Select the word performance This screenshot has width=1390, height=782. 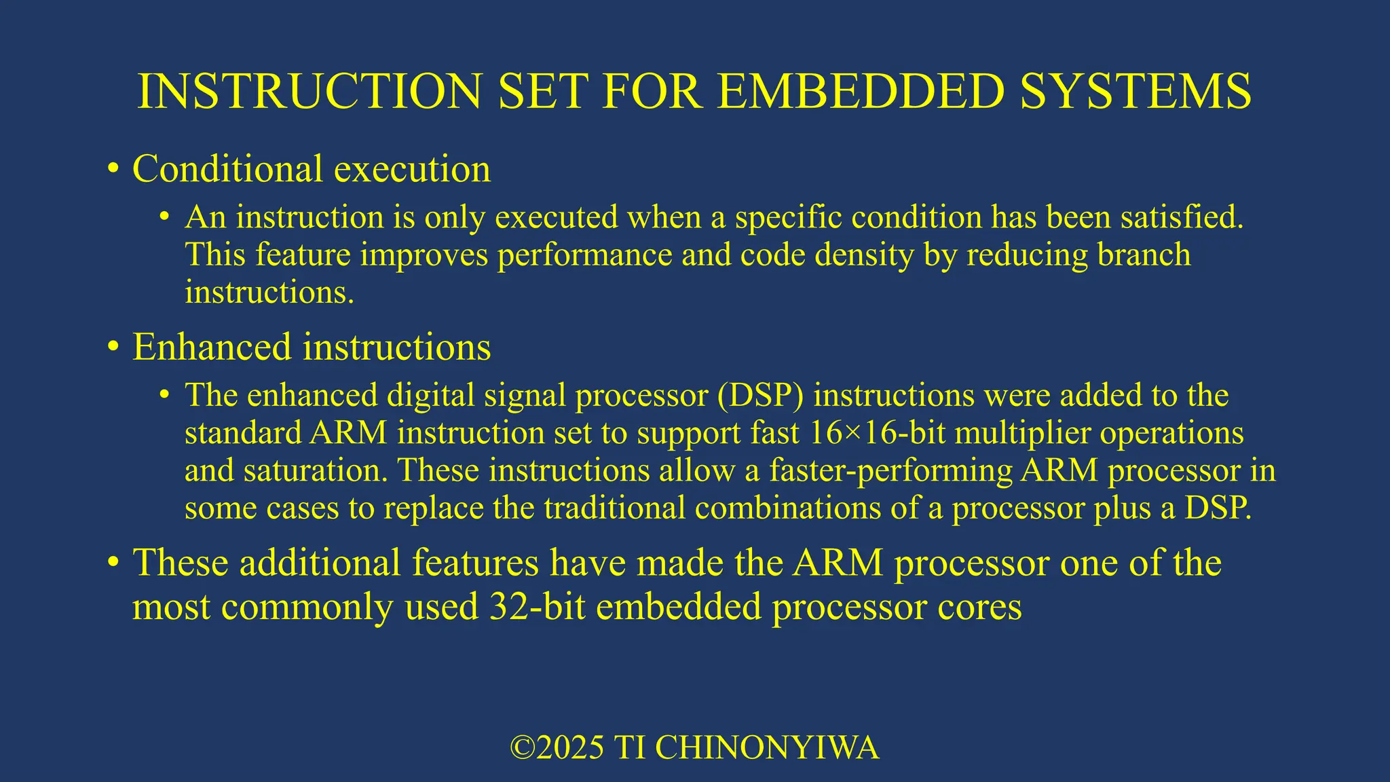tap(584, 255)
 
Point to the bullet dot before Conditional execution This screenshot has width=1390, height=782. tap(113, 169)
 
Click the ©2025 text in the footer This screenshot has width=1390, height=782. tap(557, 747)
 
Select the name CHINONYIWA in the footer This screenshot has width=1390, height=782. tap(767, 747)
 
